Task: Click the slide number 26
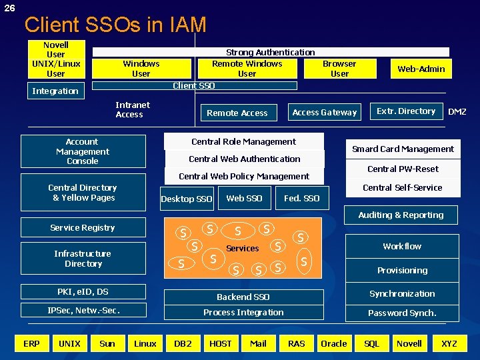[x=9, y=8]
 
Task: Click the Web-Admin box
[x=421, y=69]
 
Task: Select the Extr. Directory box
[x=406, y=111]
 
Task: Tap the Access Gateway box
[x=325, y=113]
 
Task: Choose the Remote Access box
[x=237, y=113]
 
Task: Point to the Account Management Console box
[x=82, y=151]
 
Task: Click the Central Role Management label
[x=243, y=141]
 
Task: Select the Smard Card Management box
[x=403, y=149]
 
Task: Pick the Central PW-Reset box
[x=403, y=169]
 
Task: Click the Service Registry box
[x=82, y=228]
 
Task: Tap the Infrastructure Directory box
[x=83, y=259]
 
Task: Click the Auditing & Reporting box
[x=401, y=215]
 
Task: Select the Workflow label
[x=402, y=247]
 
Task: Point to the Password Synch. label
[x=402, y=313]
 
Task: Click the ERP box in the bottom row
[x=31, y=344]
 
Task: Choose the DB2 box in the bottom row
[x=183, y=344]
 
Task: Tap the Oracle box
[x=333, y=344]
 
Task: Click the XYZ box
[x=449, y=344]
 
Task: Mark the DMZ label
[x=457, y=112]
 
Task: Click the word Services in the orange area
[x=243, y=249]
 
